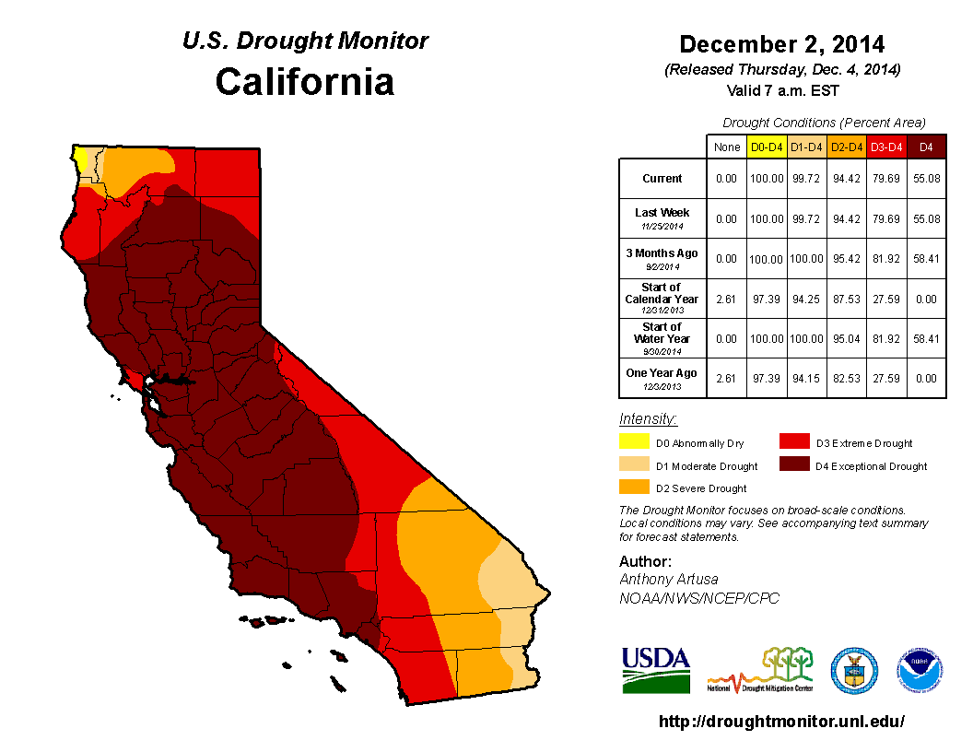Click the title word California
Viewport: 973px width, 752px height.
[304, 82]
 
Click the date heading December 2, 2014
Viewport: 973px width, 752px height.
[781, 44]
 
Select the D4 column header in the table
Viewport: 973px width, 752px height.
[926, 147]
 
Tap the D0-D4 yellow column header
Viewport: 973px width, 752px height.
[767, 147]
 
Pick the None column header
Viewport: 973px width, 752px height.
[726, 147]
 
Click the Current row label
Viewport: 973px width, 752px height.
[662, 179]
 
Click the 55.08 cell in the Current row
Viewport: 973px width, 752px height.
[926, 179]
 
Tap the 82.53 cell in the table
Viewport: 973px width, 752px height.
[847, 378]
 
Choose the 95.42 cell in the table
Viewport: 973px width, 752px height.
[847, 259]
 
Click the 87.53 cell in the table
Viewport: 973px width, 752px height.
[847, 299]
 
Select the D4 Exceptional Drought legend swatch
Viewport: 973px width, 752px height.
[794, 465]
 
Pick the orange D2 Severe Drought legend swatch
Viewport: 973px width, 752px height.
[634, 488]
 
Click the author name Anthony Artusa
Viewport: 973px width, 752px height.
[667, 579]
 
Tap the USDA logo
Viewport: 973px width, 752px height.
[655, 669]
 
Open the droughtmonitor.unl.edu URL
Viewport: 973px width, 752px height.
[781, 722]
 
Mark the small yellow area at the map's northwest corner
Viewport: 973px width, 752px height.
[82, 159]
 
